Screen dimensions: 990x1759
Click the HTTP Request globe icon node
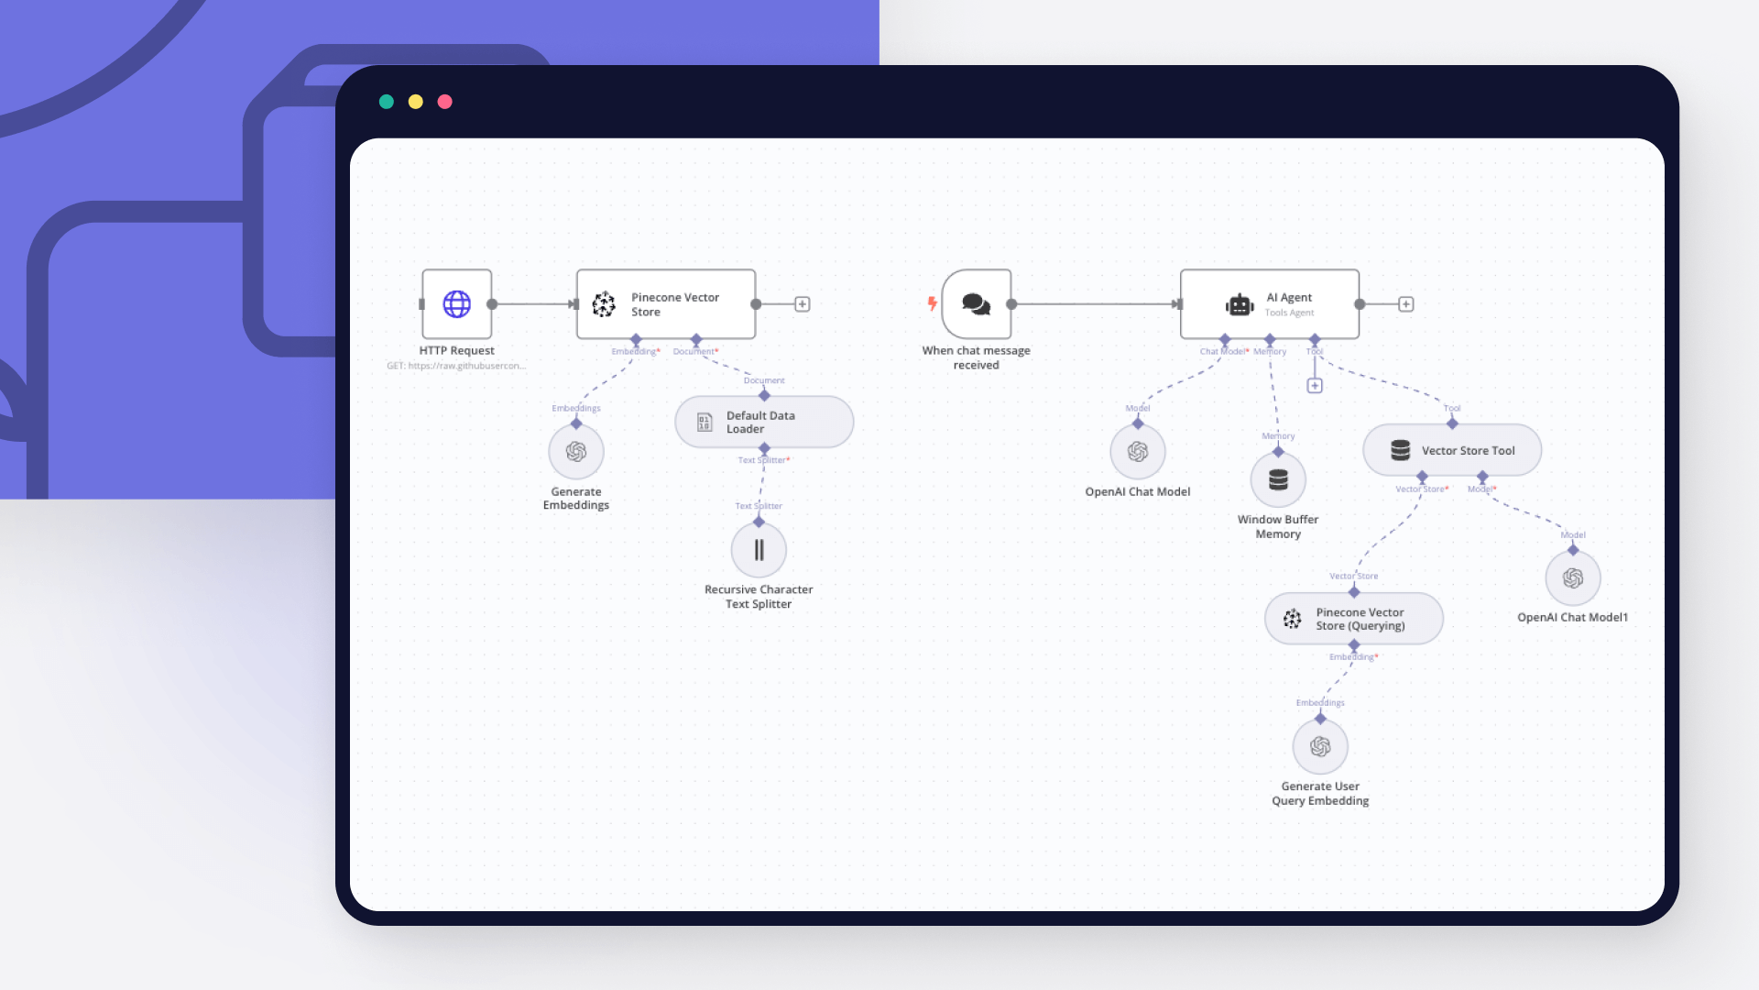click(456, 304)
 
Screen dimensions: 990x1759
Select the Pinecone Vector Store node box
click(666, 304)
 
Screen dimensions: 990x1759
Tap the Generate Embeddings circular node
click(576, 451)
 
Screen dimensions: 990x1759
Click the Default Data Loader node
click(764, 422)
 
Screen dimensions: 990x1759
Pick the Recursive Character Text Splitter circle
click(759, 550)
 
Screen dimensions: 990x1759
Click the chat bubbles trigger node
click(977, 304)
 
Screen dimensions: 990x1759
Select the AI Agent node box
click(1270, 304)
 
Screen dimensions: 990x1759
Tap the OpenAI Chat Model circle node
click(1138, 451)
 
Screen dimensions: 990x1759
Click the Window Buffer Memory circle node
click(1278, 479)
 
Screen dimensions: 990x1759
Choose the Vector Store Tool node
click(1452, 450)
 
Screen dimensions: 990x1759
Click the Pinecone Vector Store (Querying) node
click(1354, 619)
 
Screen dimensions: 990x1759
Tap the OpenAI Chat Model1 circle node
click(1573, 577)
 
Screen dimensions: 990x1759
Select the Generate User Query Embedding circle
click(1320, 746)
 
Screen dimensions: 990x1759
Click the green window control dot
click(387, 102)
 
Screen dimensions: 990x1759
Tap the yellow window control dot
click(416, 102)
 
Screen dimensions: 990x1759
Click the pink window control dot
click(445, 102)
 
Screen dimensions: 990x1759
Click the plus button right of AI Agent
click(1406, 304)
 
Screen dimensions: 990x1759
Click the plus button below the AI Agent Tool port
click(1315, 386)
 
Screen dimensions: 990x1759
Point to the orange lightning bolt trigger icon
click(932, 303)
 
